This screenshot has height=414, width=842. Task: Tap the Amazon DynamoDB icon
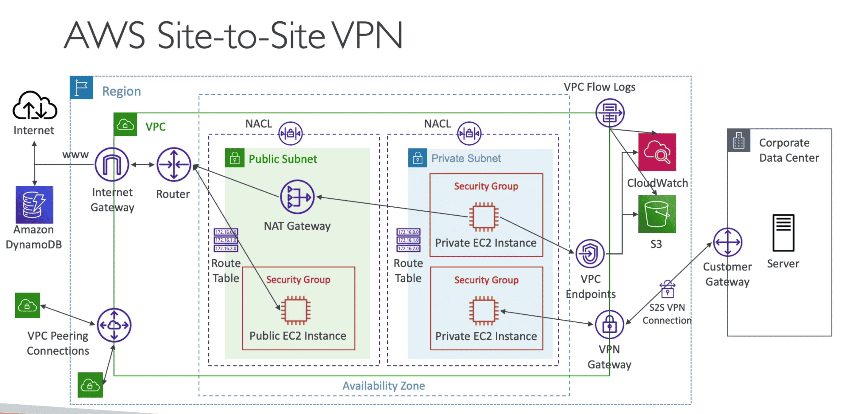point(34,205)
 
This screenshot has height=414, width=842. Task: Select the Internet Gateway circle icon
point(112,164)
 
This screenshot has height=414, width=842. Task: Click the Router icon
point(173,164)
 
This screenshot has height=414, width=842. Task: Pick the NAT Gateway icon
point(297,197)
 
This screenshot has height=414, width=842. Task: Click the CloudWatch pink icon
point(657,152)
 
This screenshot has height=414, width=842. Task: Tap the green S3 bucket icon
point(657,214)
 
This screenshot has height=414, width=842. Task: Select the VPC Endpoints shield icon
point(590,253)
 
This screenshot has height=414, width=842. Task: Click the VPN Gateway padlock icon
point(610,324)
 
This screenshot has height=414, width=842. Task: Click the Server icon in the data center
point(783,233)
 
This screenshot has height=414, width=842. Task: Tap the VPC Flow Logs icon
point(610,113)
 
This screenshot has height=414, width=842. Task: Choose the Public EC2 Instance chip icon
point(296,310)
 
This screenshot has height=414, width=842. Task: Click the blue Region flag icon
point(81,88)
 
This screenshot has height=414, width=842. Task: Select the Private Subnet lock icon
point(417,158)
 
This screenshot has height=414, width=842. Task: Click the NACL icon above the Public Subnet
point(290,133)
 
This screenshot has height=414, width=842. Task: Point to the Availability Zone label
point(384,386)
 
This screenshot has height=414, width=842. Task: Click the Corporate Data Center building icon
point(738,141)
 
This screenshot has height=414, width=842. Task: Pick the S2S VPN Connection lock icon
point(667,289)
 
